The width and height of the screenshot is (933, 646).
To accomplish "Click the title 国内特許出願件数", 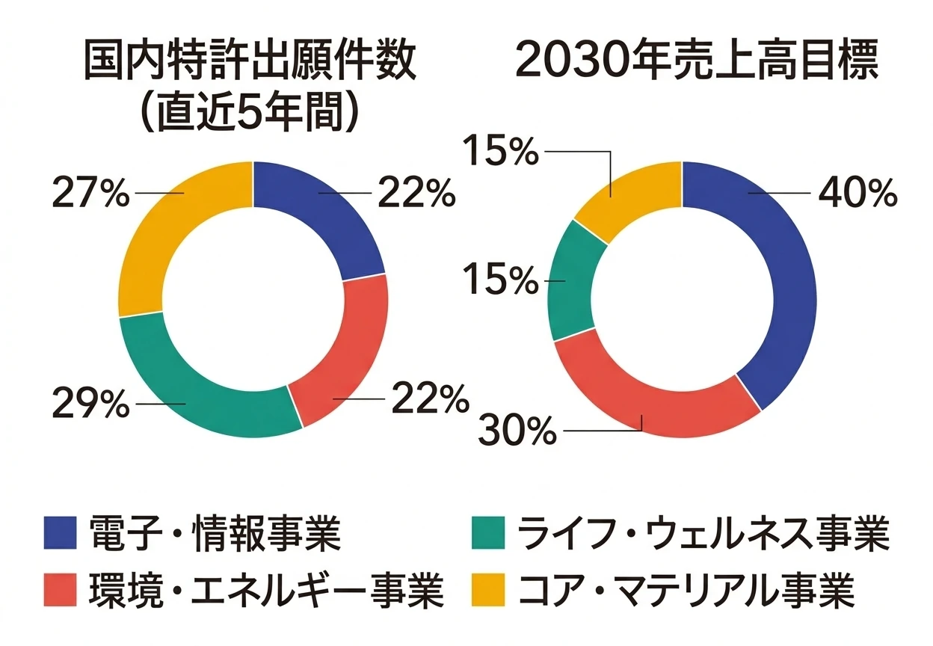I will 250,65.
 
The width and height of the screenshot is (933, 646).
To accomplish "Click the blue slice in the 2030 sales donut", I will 777,284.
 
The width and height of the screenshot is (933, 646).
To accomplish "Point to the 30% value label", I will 518,431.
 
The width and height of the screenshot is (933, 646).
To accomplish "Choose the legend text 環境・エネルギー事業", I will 266,591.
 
